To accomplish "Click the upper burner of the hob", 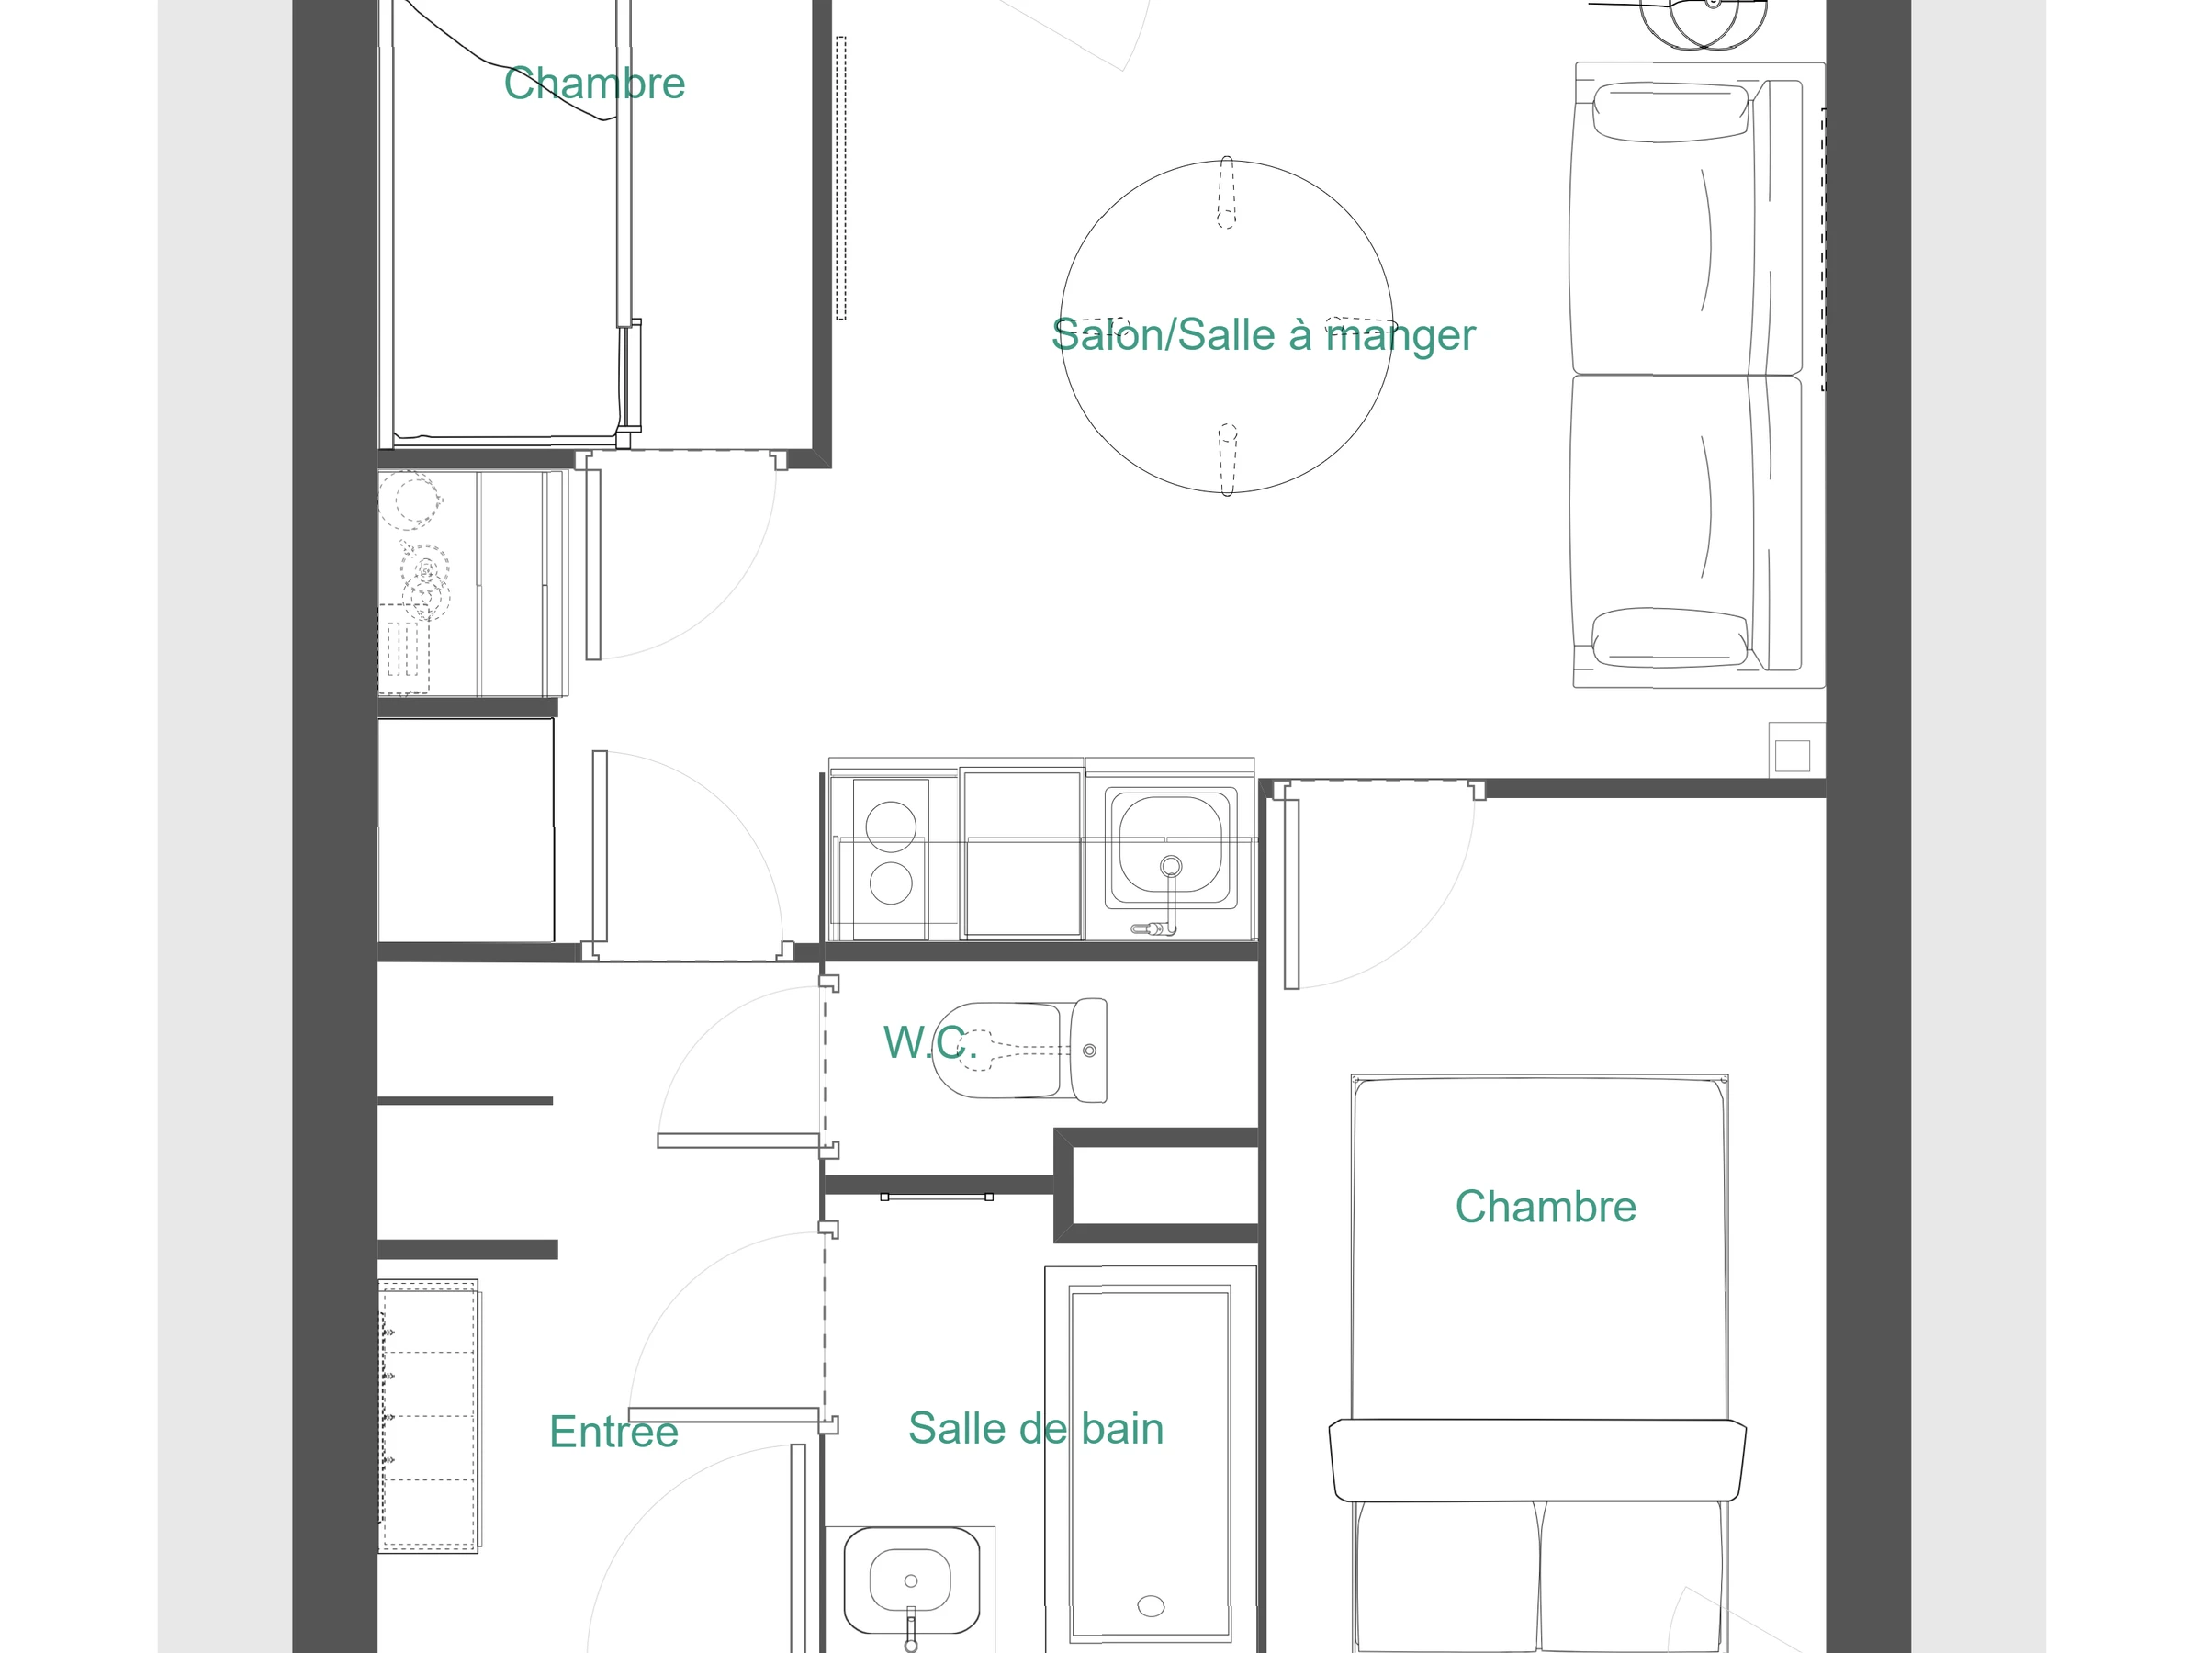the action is [x=891, y=826].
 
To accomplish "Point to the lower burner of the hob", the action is [x=891, y=883].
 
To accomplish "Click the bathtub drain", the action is [x=1151, y=1605].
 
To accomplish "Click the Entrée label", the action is [x=613, y=1432].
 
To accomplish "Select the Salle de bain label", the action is [x=1036, y=1429].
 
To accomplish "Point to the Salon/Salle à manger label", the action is [x=1264, y=336].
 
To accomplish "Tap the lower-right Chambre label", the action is [x=1546, y=1207].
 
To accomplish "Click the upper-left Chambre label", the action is [x=594, y=84].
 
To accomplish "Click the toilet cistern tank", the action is [x=1088, y=1051].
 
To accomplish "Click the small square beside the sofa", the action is [x=1792, y=755].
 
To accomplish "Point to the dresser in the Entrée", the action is [x=429, y=1416].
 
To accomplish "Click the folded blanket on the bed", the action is [x=1537, y=1460].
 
